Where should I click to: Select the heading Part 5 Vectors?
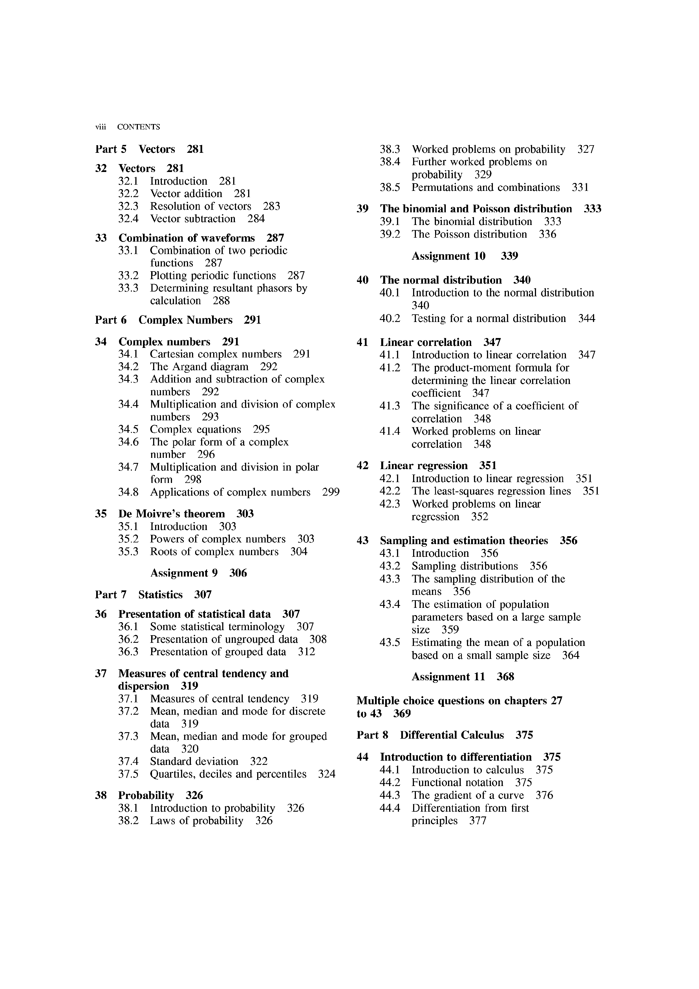pyautogui.click(x=149, y=149)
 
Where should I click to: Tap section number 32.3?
pyautogui.click(x=128, y=206)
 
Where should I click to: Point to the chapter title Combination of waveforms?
pyautogui.click(x=186, y=238)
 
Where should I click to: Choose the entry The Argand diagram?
pyautogui.click(x=199, y=367)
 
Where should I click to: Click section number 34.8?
pyautogui.click(x=128, y=492)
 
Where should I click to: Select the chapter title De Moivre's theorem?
pyautogui.click(x=171, y=514)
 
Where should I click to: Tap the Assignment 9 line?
pyautogui.click(x=199, y=573)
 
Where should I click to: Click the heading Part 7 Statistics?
pyautogui.click(x=153, y=595)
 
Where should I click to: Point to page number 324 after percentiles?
pyautogui.click(x=327, y=774)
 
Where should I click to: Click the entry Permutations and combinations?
pyautogui.click(x=485, y=187)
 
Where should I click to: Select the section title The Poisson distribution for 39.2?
pyautogui.click(x=469, y=234)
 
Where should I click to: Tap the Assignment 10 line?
pyautogui.click(x=465, y=256)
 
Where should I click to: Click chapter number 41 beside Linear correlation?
pyautogui.click(x=363, y=343)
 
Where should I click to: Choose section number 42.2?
pyautogui.click(x=390, y=491)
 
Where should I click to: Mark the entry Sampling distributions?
pyautogui.click(x=465, y=566)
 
